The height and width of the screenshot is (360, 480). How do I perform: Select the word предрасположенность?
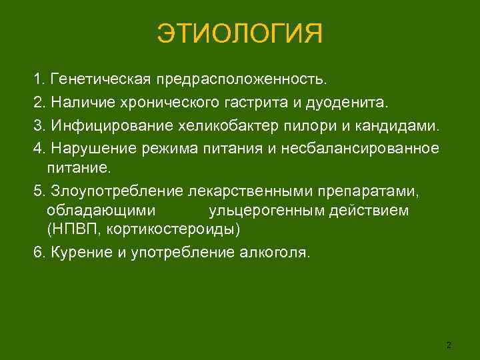pos(243,81)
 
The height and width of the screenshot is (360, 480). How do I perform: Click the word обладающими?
pos(102,211)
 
